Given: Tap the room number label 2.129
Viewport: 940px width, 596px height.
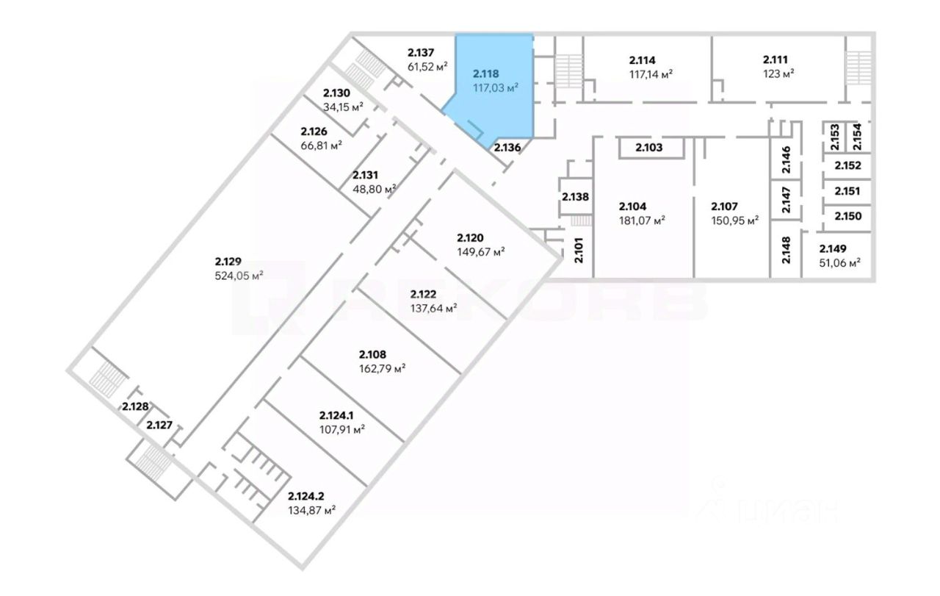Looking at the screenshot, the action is click(x=228, y=262).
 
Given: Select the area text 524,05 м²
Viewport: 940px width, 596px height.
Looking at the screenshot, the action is click(x=236, y=276).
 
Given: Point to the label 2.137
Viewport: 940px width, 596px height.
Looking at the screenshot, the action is click(x=421, y=52).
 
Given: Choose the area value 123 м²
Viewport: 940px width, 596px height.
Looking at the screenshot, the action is click(x=778, y=73).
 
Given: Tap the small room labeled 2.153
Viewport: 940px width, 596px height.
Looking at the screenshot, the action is click(x=834, y=137).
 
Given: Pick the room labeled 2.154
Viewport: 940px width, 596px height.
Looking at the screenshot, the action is click(x=857, y=137).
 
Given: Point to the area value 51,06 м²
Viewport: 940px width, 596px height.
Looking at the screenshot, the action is click(x=839, y=261).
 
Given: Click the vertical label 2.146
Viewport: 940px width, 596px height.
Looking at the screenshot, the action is click(x=786, y=159).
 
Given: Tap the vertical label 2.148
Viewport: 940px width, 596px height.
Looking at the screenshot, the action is click(x=786, y=250).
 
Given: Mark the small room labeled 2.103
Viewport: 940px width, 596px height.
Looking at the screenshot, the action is click(x=648, y=148).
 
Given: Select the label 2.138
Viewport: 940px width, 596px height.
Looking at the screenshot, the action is click(x=575, y=197).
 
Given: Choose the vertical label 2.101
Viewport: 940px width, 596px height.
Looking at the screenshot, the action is click(x=578, y=251).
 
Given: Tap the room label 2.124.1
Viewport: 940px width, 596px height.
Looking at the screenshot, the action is click(x=341, y=416).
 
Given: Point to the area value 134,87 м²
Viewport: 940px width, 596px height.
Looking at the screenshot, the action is click(x=312, y=509).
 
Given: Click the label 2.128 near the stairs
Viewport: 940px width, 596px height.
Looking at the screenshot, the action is click(x=135, y=406).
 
